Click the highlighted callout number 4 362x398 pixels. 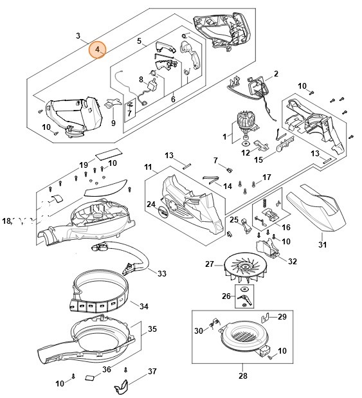pos(98,50)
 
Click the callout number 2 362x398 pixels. pos(276,73)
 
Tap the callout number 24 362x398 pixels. pos(151,204)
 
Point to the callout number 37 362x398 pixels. pos(152,371)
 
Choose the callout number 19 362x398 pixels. pos(84,165)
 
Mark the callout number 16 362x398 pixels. pos(286,227)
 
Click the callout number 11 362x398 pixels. pos(148,167)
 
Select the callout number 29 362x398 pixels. pos(282,317)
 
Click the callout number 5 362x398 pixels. pos(139,41)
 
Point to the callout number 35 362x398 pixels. pos(152,329)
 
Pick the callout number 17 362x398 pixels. pos(267,177)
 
